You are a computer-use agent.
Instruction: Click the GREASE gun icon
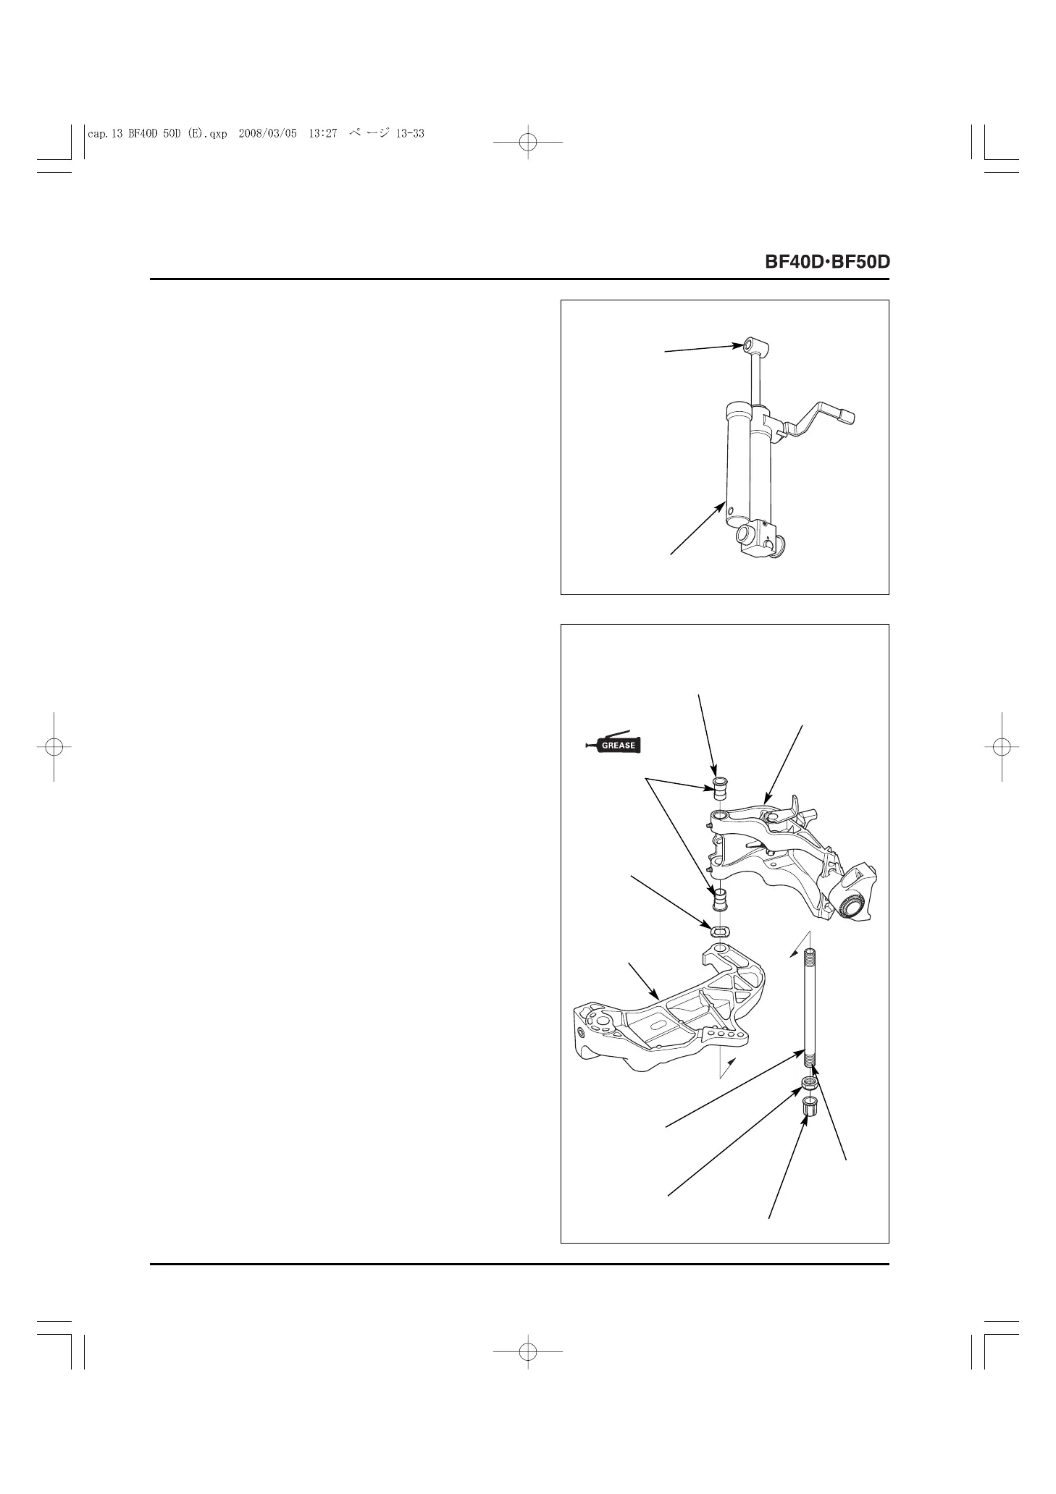pyautogui.click(x=614, y=744)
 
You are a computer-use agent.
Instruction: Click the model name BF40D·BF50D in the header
pyautogui.click(x=827, y=261)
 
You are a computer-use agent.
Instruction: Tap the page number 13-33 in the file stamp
pyautogui.click(x=410, y=133)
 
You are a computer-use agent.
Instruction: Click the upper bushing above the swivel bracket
pyautogui.click(x=721, y=788)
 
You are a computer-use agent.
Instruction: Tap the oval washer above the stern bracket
pyautogui.click(x=720, y=930)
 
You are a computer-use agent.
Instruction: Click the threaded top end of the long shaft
pyautogui.click(x=810, y=955)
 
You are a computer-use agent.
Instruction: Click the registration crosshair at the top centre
pyautogui.click(x=528, y=143)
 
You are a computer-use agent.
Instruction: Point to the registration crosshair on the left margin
pyautogui.click(x=53, y=746)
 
